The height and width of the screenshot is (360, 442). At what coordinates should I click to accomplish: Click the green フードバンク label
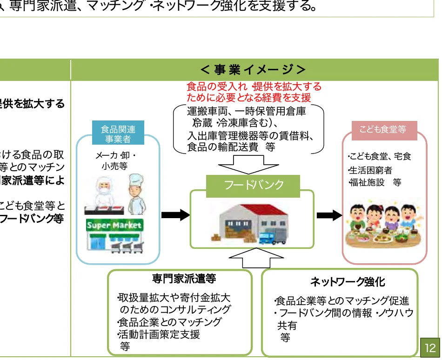254,185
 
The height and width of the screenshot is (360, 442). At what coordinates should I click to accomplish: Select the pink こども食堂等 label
382,130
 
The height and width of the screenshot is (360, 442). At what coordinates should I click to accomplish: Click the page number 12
430,347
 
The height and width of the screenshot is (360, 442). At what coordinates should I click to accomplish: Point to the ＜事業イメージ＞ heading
254,70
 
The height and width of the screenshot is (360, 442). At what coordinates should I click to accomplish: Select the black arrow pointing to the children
329,215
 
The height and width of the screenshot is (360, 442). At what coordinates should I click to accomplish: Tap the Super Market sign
114,226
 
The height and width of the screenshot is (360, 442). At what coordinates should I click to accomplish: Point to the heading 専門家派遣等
184,279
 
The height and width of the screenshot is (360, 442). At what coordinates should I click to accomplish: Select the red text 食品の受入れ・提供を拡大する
254,87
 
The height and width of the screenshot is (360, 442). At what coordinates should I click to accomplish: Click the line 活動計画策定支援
159,334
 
